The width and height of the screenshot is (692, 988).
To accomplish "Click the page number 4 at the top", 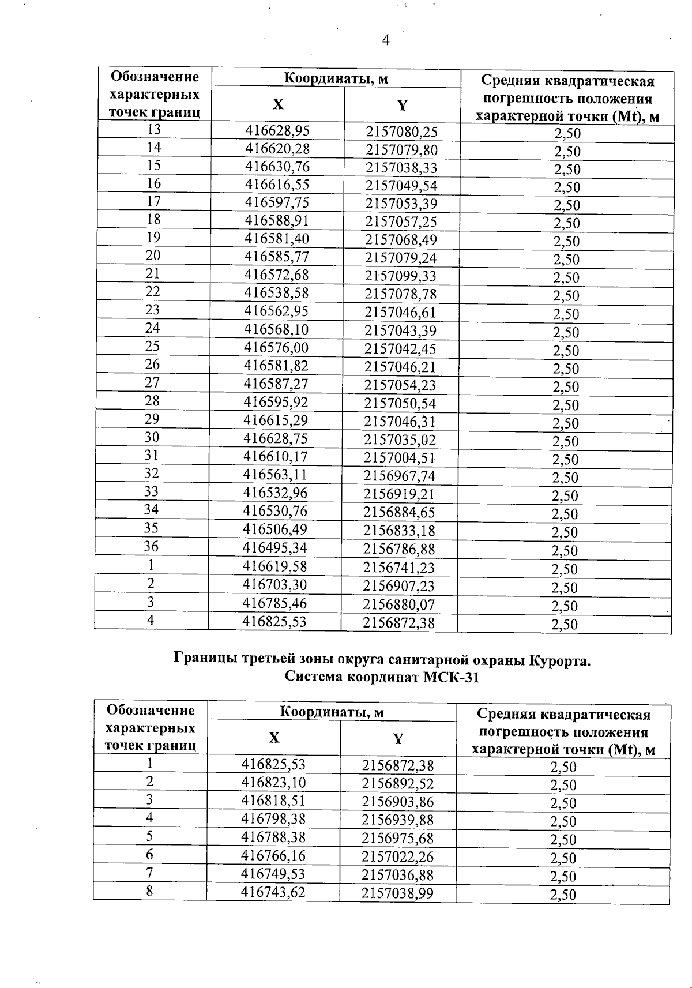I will tap(386, 40).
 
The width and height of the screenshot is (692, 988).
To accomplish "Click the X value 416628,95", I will tap(277, 130).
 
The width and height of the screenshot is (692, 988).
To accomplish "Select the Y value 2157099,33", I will tap(401, 276).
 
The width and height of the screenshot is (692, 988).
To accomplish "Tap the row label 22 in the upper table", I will tap(153, 291).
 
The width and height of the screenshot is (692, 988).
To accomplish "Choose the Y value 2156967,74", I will tap(399, 476).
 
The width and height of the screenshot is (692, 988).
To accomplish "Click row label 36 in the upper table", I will tap(151, 546).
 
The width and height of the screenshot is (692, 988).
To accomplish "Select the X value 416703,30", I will tap(274, 585).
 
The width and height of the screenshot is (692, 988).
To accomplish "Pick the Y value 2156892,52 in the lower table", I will tap(397, 784).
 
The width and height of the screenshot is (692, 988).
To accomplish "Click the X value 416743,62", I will tap(273, 892).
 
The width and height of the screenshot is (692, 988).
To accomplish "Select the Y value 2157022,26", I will tap(397, 856).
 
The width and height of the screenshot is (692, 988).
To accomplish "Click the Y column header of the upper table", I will tap(402, 105).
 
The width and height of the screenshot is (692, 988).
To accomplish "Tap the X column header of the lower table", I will tap(274, 738).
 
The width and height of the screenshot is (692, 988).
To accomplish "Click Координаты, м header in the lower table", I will tap(332, 712).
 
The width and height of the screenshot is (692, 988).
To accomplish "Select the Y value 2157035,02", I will tap(400, 440).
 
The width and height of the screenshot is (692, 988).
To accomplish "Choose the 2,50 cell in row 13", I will tap(567, 134).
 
